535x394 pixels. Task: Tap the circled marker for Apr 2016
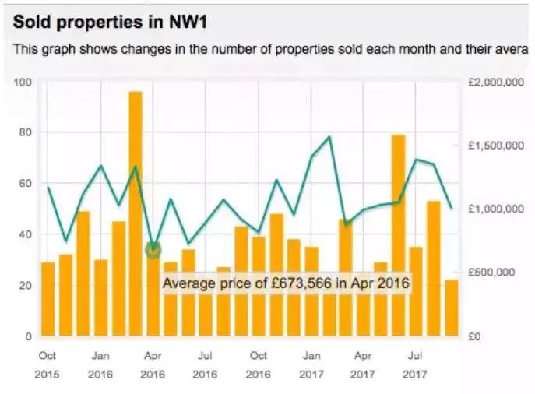point(153,249)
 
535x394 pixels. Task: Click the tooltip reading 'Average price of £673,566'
point(285,283)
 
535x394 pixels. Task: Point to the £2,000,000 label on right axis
point(496,82)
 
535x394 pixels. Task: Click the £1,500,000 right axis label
point(496,146)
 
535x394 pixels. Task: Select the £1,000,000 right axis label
point(496,209)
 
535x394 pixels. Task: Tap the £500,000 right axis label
point(498,273)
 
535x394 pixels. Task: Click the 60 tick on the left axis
point(25,184)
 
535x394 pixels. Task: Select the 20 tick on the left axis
point(25,286)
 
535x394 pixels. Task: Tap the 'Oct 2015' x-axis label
point(48,364)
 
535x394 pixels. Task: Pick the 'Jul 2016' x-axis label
point(205,364)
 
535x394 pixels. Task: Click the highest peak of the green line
point(329,137)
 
